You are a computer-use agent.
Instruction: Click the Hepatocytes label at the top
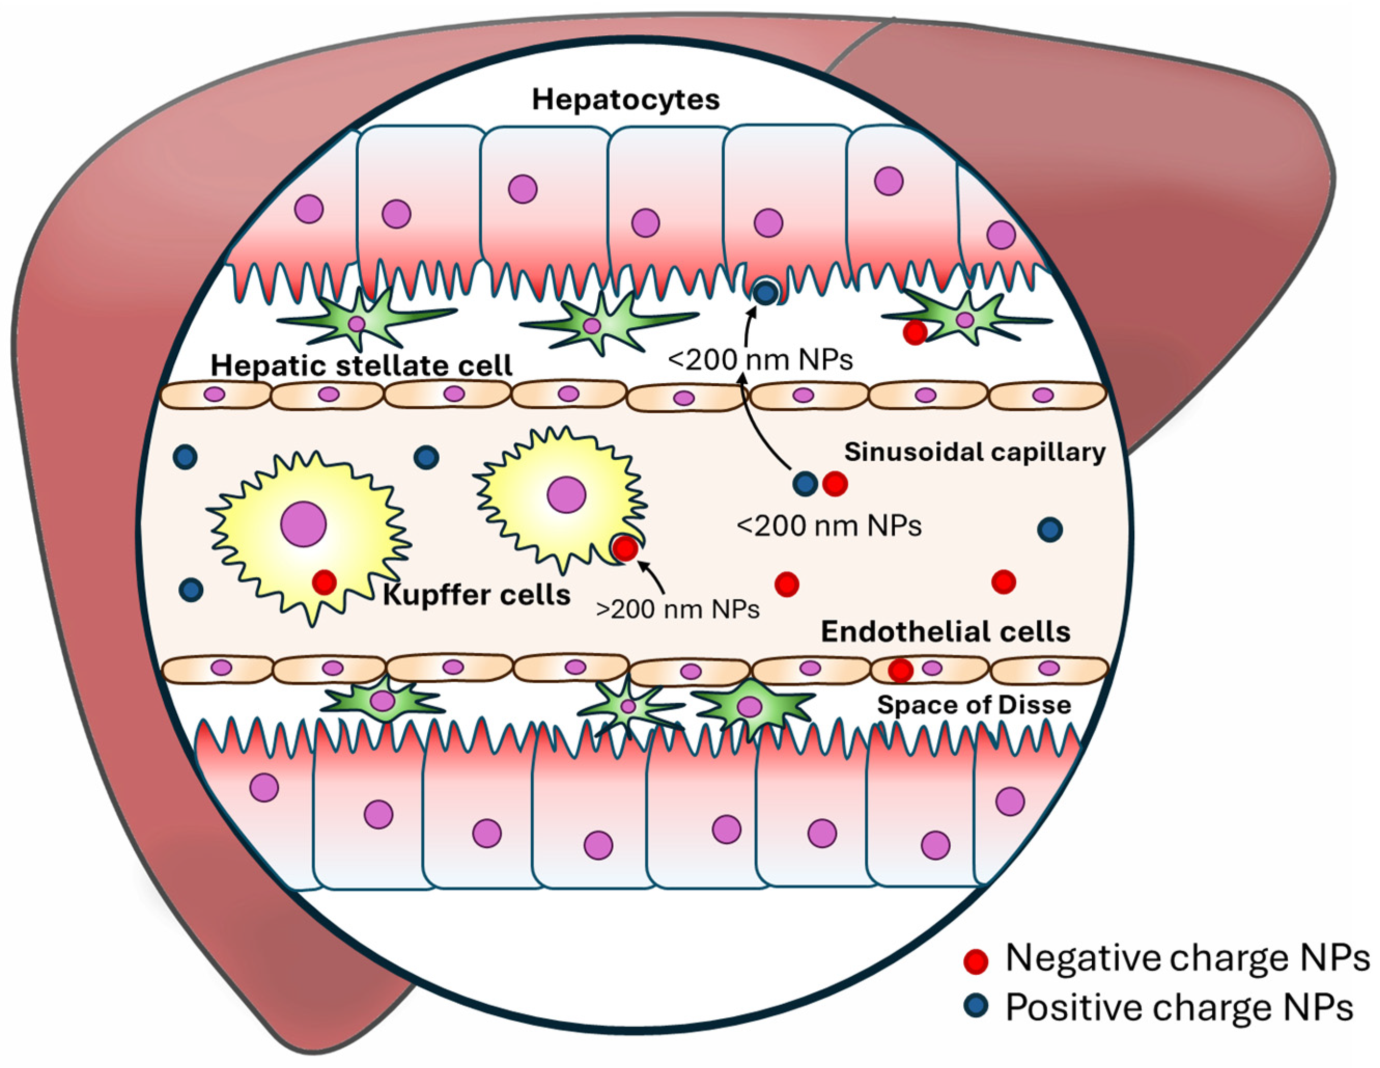626,100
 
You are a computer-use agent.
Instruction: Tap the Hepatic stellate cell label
361,366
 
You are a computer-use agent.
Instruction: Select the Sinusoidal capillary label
974,452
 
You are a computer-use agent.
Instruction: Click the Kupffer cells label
476,595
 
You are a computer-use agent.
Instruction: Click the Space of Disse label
974,705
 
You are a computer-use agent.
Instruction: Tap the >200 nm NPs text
678,609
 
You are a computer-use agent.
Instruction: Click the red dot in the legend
976,961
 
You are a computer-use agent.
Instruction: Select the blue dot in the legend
976,1005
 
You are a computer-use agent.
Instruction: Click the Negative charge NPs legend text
1187,959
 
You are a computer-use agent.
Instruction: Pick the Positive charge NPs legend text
1179,1007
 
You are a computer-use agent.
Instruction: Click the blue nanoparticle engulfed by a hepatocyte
766,292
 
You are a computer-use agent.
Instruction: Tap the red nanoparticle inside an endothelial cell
900,670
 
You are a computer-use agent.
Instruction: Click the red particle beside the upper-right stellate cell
914,332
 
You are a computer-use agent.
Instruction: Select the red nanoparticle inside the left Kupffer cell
324,582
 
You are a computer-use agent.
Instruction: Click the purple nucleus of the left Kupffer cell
303,524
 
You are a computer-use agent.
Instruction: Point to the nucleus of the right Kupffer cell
566,494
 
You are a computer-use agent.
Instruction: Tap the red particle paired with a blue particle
835,484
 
